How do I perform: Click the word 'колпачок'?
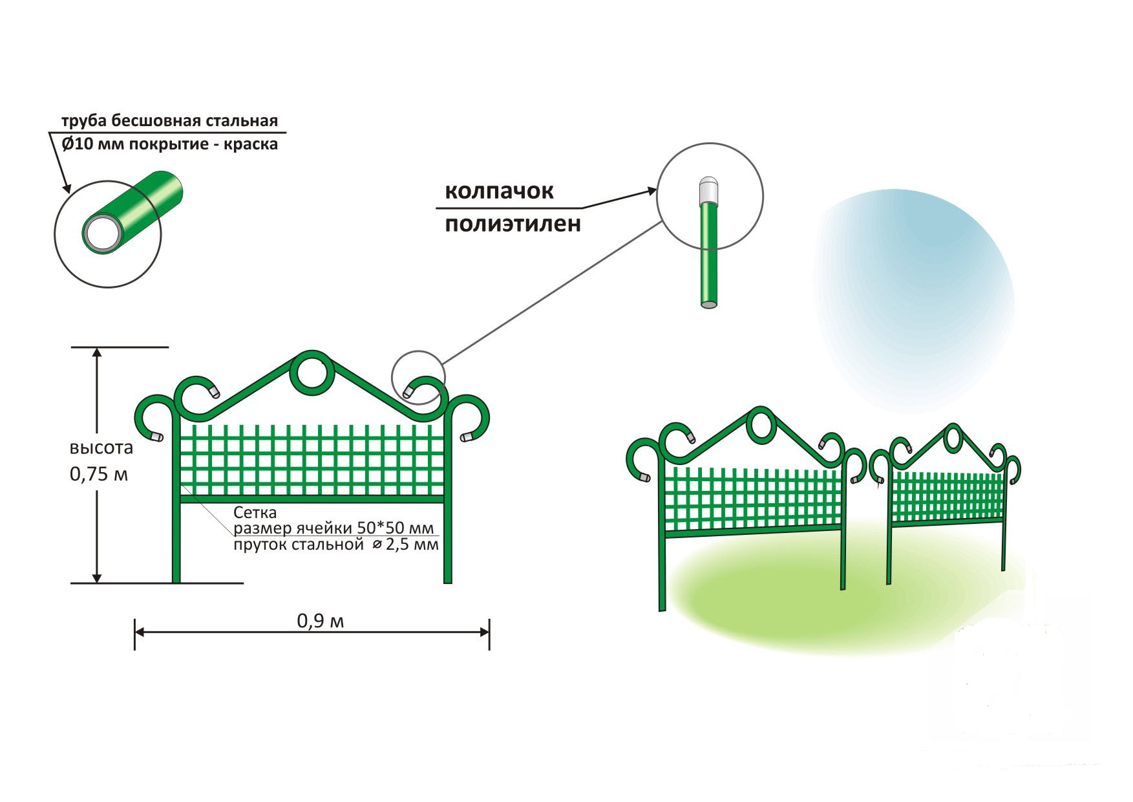pyautogui.click(x=499, y=191)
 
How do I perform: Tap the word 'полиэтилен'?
pyautogui.click(x=513, y=224)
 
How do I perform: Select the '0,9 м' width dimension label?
pyautogui.click(x=321, y=621)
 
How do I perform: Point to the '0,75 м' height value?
pyautogui.click(x=99, y=474)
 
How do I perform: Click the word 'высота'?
pyautogui.click(x=101, y=448)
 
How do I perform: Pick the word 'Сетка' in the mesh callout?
pyautogui.click(x=255, y=513)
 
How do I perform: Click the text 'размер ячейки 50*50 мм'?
pyautogui.click(x=334, y=528)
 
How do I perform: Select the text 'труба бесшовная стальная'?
pyautogui.click(x=169, y=121)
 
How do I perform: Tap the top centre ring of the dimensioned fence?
pyautogui.click(x=312, y=373)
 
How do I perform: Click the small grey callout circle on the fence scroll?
pyautogui.click(x=418, y=378)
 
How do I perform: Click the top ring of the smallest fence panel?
pyautogui.click(x=952, y=438)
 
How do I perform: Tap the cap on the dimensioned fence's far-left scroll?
pyautogui.click(x=156, y=437)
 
